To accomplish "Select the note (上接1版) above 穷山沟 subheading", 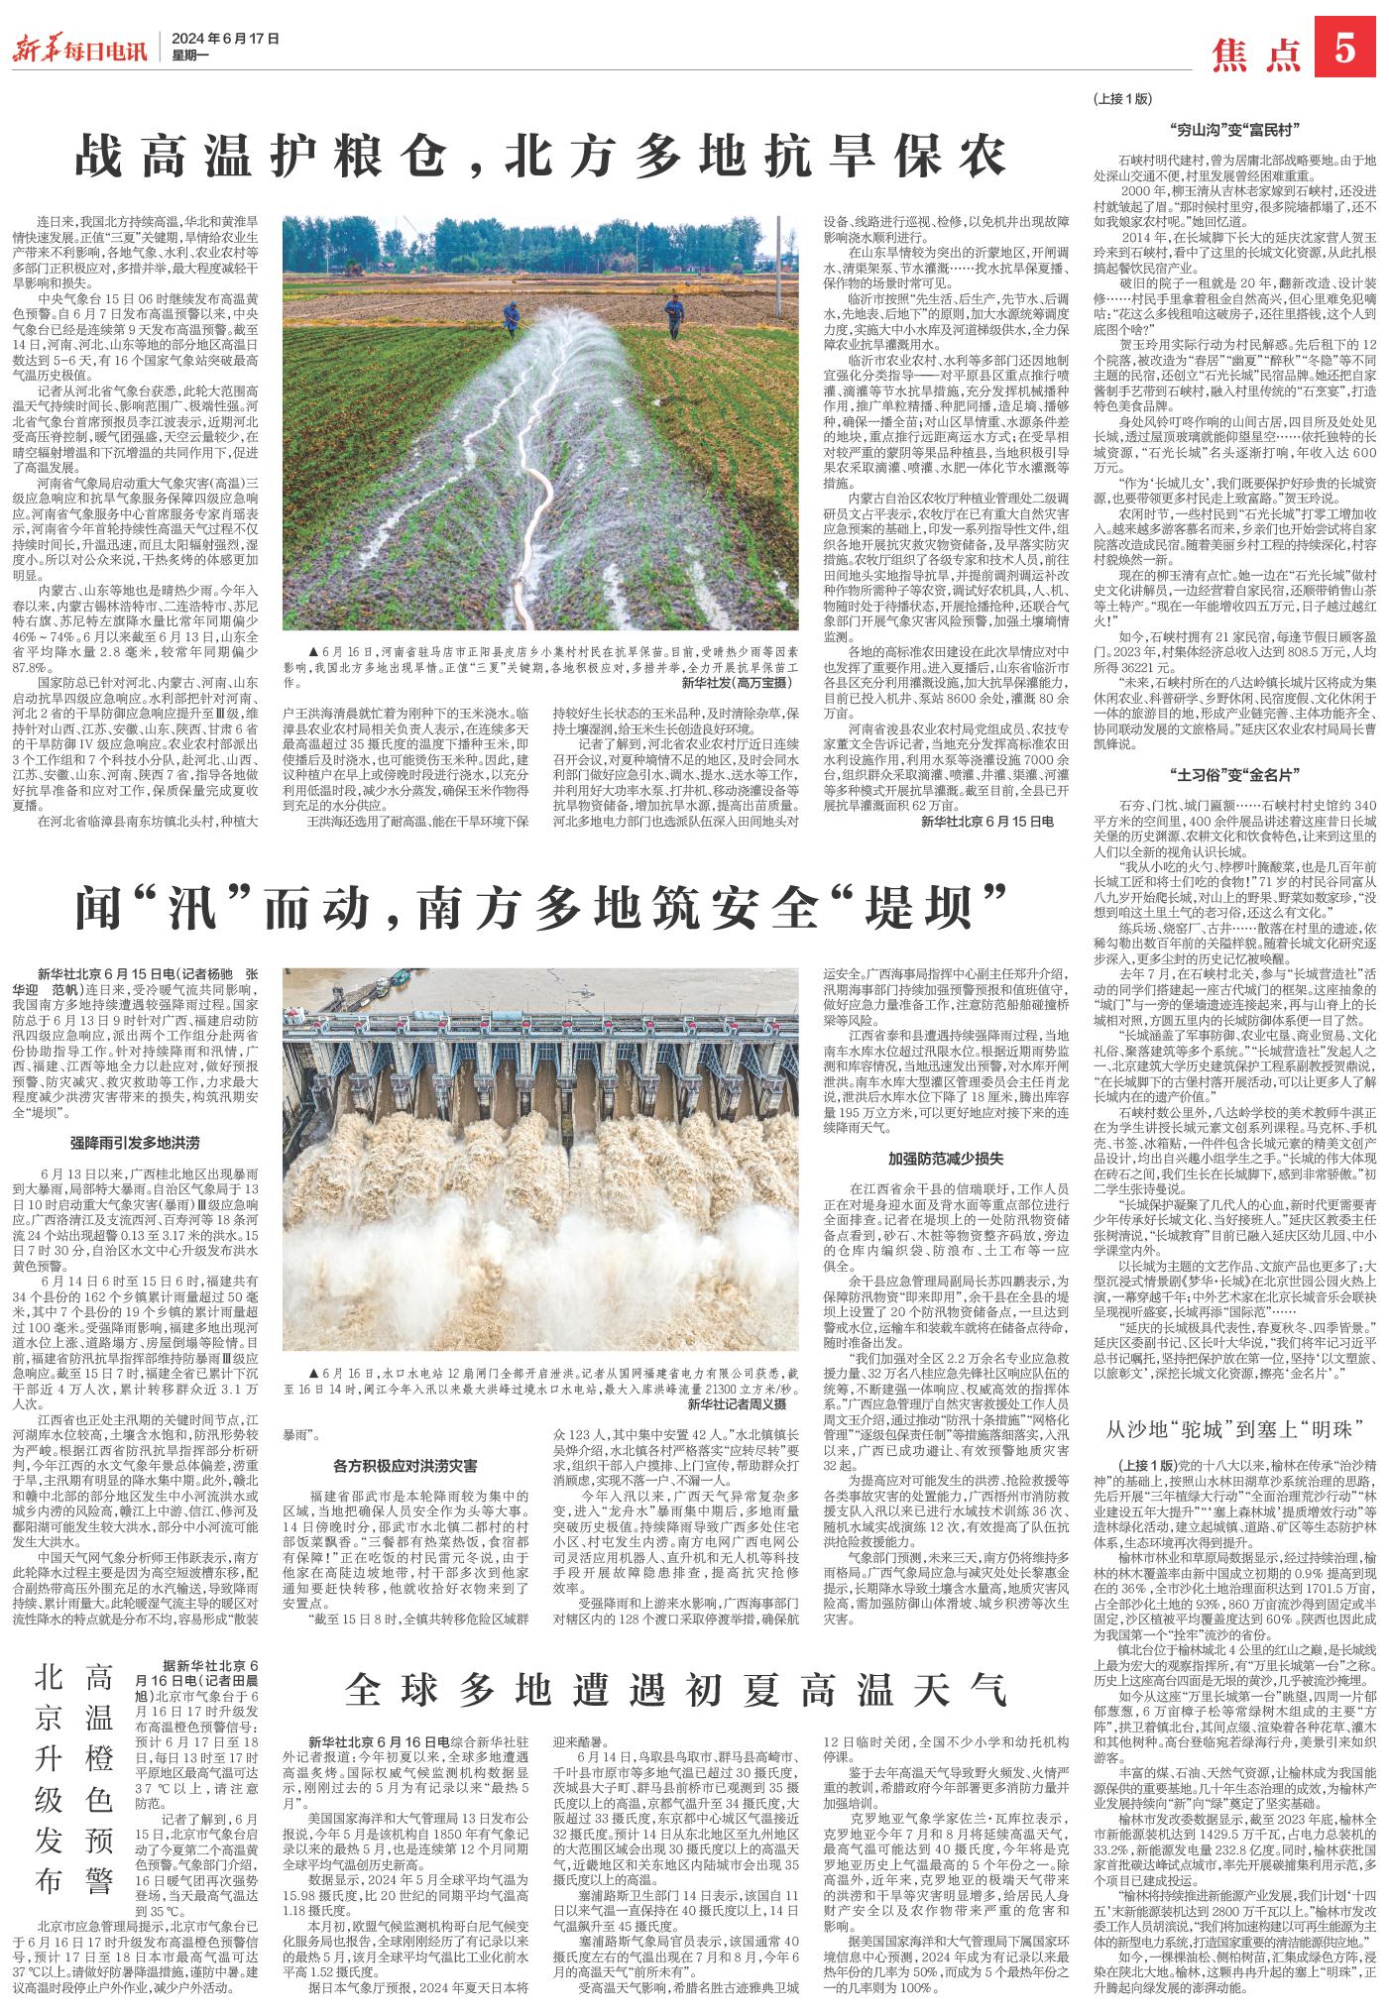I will point(1121,100).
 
